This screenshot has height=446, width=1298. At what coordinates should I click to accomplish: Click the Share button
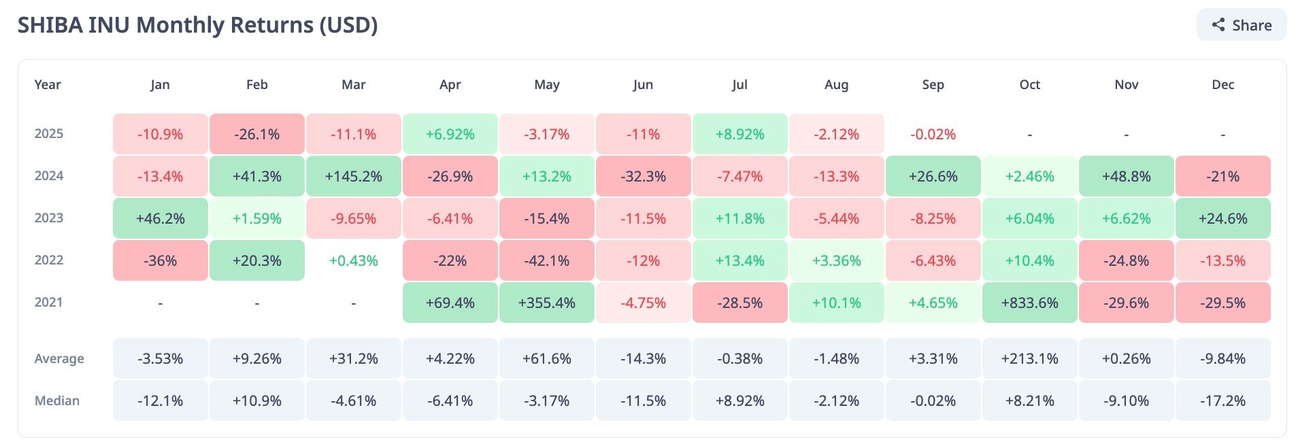[1242, 25]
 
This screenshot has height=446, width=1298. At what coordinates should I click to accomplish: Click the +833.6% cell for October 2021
[1029, 303]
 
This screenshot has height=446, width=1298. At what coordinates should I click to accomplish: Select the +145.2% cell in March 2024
[353, 176]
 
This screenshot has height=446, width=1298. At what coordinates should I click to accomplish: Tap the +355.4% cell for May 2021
[546, 303]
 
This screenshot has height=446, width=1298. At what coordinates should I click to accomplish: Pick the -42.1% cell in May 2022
[546, 260]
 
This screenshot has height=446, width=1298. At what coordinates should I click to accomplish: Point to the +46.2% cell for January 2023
[160, 218]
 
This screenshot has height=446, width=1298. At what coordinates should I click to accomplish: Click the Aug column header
[836, 84]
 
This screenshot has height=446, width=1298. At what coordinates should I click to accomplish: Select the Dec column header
[1222, 84]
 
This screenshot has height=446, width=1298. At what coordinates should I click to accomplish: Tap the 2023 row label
[49, 218]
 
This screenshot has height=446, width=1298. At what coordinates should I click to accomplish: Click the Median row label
[57, 400]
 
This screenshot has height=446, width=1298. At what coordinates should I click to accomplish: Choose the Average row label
[59, 358]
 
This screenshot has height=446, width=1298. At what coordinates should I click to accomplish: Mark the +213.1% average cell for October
[1029, 358]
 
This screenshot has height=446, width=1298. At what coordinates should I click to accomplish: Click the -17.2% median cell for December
[1222, 400]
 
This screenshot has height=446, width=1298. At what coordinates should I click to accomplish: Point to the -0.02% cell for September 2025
[933, 134]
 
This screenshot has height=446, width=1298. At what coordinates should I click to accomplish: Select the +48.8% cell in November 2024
[1126, 176]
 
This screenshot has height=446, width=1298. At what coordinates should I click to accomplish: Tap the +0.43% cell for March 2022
[353, 260]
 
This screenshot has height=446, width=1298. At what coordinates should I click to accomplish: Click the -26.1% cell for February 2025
[256, 134]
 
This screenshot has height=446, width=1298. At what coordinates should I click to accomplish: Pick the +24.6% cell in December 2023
[1222, 218]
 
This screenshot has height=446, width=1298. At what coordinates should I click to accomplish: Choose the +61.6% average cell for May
[546, 358]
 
